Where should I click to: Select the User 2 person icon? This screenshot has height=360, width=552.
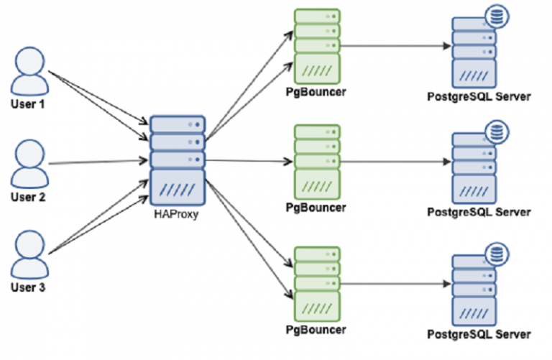(29, 163)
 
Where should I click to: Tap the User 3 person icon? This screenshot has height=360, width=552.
(29, 254)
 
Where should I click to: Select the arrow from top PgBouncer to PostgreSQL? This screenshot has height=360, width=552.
(395, 46)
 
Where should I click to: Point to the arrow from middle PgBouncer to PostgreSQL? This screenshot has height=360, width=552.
(395, 161)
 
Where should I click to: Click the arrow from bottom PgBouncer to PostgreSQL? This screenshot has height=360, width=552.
(395, 283)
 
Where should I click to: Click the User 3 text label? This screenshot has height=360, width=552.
(29, 288)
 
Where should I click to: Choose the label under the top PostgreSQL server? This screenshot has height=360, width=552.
(479, 96)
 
